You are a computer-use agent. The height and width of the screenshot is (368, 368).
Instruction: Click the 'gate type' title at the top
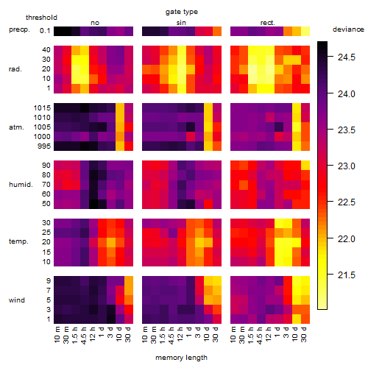182,12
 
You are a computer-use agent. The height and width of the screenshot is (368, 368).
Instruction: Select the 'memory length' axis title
181,358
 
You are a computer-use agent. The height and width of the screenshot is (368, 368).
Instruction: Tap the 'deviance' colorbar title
348,29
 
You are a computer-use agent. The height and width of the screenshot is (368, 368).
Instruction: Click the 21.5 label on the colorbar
347,275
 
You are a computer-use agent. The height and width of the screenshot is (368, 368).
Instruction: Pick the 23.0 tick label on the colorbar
347,166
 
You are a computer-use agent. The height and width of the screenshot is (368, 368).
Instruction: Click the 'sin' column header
181,23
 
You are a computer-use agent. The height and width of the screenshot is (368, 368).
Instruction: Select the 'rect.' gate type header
268,23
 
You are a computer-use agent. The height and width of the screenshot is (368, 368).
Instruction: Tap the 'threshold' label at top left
41,18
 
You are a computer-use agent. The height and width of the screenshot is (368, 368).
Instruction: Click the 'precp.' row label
19,29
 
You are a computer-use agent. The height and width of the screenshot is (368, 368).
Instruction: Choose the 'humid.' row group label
21,184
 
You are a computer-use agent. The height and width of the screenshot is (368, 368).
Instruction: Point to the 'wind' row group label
17,300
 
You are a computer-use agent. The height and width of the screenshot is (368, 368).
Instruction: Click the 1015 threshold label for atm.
42,108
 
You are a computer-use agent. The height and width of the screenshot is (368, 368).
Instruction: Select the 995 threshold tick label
44,146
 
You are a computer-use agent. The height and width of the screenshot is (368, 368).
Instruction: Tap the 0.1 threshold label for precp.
45,31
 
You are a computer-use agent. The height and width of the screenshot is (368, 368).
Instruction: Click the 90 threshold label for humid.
46,166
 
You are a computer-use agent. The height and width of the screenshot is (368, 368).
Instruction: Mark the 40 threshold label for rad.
46,50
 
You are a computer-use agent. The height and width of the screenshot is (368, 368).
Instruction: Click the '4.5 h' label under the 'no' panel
84,336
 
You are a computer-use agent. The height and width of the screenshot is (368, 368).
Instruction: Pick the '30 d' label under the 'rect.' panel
304,335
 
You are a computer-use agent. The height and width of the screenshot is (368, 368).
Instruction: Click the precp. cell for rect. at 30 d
305,32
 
